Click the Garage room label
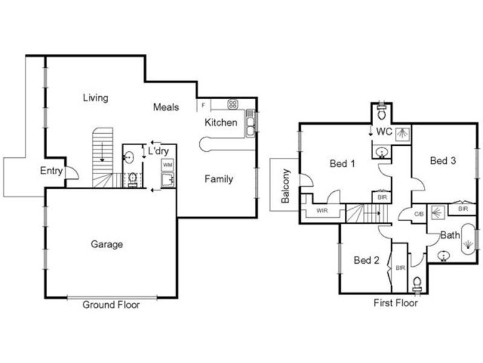point(107,244)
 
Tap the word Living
point(95,98)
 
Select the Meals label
point(166,107)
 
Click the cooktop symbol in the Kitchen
point(233,105)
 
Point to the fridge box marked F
point(203,105)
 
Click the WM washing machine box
point(168,165)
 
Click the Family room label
point(219,179)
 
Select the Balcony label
point(286,186)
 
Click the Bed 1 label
point(342,163)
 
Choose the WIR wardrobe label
point(322,211)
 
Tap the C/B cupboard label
point(419,214)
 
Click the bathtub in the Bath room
point(469,239)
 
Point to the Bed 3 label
point(443,160)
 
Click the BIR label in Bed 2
point(400,268)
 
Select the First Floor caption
point(395,303)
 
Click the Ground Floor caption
point(111,305)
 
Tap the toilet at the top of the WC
point(382,113)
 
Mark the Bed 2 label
point(366,260)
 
